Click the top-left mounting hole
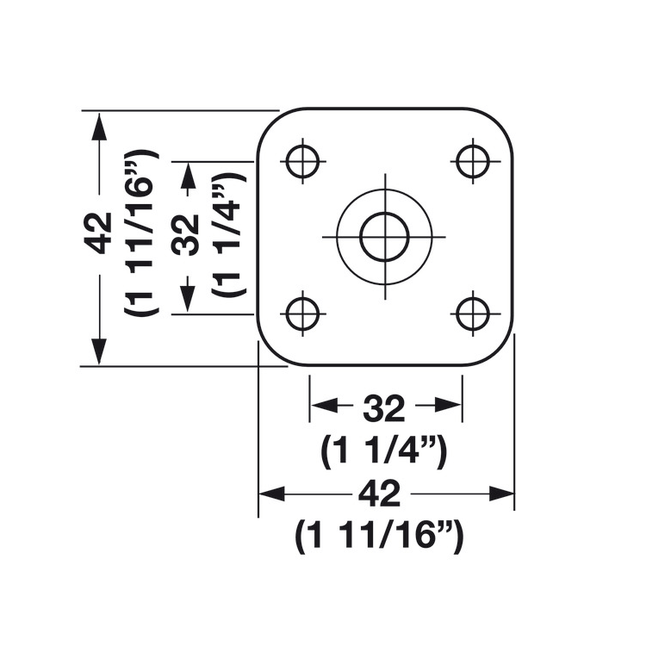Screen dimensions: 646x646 tap(301, 160)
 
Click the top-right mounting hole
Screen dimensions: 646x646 tap(473, 160)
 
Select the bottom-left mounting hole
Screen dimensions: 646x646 tap(301, 314)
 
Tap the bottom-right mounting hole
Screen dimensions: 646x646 tap(473, 314)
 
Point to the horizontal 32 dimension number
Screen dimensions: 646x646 tap(383, 409)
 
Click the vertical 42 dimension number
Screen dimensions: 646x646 tap(100, 233)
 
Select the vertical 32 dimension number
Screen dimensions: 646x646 tap(186, 233)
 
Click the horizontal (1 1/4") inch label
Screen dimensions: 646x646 tap(383, 450)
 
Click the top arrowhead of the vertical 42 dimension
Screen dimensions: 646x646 tap(100, 125)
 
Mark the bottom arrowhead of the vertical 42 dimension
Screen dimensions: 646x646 tap(100, 351)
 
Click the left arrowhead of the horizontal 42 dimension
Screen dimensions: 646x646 tap(271, 494)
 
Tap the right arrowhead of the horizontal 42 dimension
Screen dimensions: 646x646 tap(501, 494)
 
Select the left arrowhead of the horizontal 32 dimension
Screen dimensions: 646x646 tap(322, 405)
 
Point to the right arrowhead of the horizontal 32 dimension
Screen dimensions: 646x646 tap(450, 405)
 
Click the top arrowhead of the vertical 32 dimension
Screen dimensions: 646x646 tap(187, 175)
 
